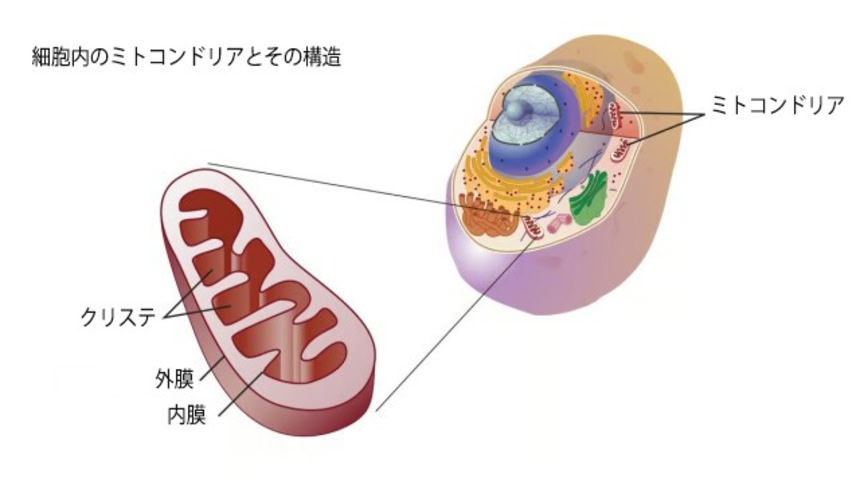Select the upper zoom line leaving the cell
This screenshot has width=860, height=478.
(x=330, y=184)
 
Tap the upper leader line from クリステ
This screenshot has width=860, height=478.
(x=190, y=295)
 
